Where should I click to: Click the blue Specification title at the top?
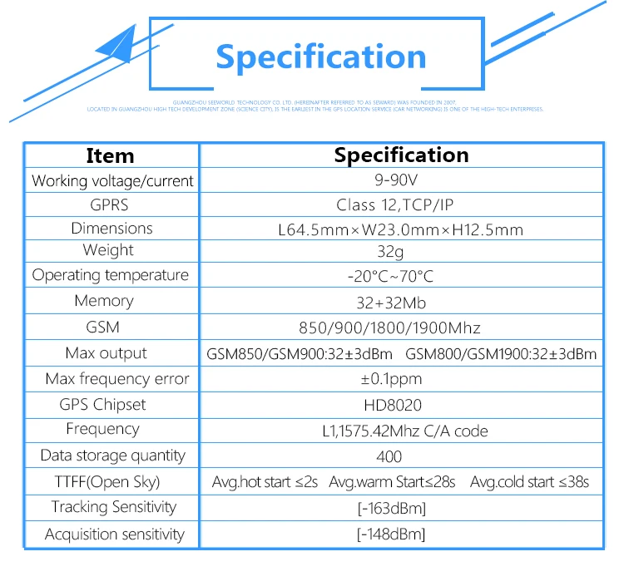pyautogui.click(x=320, y=57)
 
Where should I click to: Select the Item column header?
pyautogui.click(x=110, y=155)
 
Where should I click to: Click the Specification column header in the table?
pyautogui.click(x=401, y=155)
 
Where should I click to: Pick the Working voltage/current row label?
pyautogui.click(x=112, y=180)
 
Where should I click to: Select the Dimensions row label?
pyautogui.click(x=111, y=229)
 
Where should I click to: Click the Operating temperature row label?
pyautogui.click(x=111, y=275)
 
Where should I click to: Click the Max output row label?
pyautogui.click(x=106, y=353)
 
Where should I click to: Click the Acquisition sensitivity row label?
pyautogui.click(x=115, y=534)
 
